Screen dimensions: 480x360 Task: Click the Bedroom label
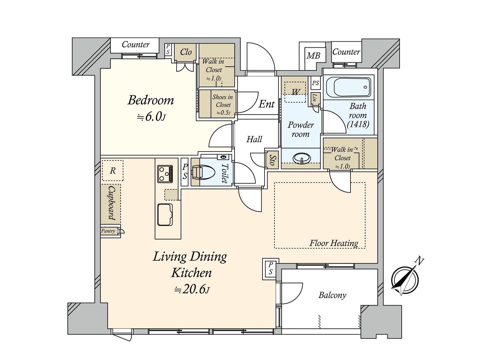(151, 100)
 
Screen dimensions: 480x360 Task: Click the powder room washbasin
(301, 158)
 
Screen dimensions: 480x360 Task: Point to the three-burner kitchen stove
(165, 174)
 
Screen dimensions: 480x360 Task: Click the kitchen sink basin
(165, 214)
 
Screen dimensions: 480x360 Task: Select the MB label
(313, 56)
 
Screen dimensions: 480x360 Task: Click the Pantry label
(108, 231)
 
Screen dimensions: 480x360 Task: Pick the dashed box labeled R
(112, 170)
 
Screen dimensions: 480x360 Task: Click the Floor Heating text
(334, 243)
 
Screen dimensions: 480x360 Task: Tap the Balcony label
(332, 295)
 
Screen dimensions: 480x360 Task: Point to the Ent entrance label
(267, 104)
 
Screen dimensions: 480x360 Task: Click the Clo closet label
(186, 52)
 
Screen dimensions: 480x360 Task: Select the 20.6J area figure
(192, 290)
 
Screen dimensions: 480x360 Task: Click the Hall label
(254, 139)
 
